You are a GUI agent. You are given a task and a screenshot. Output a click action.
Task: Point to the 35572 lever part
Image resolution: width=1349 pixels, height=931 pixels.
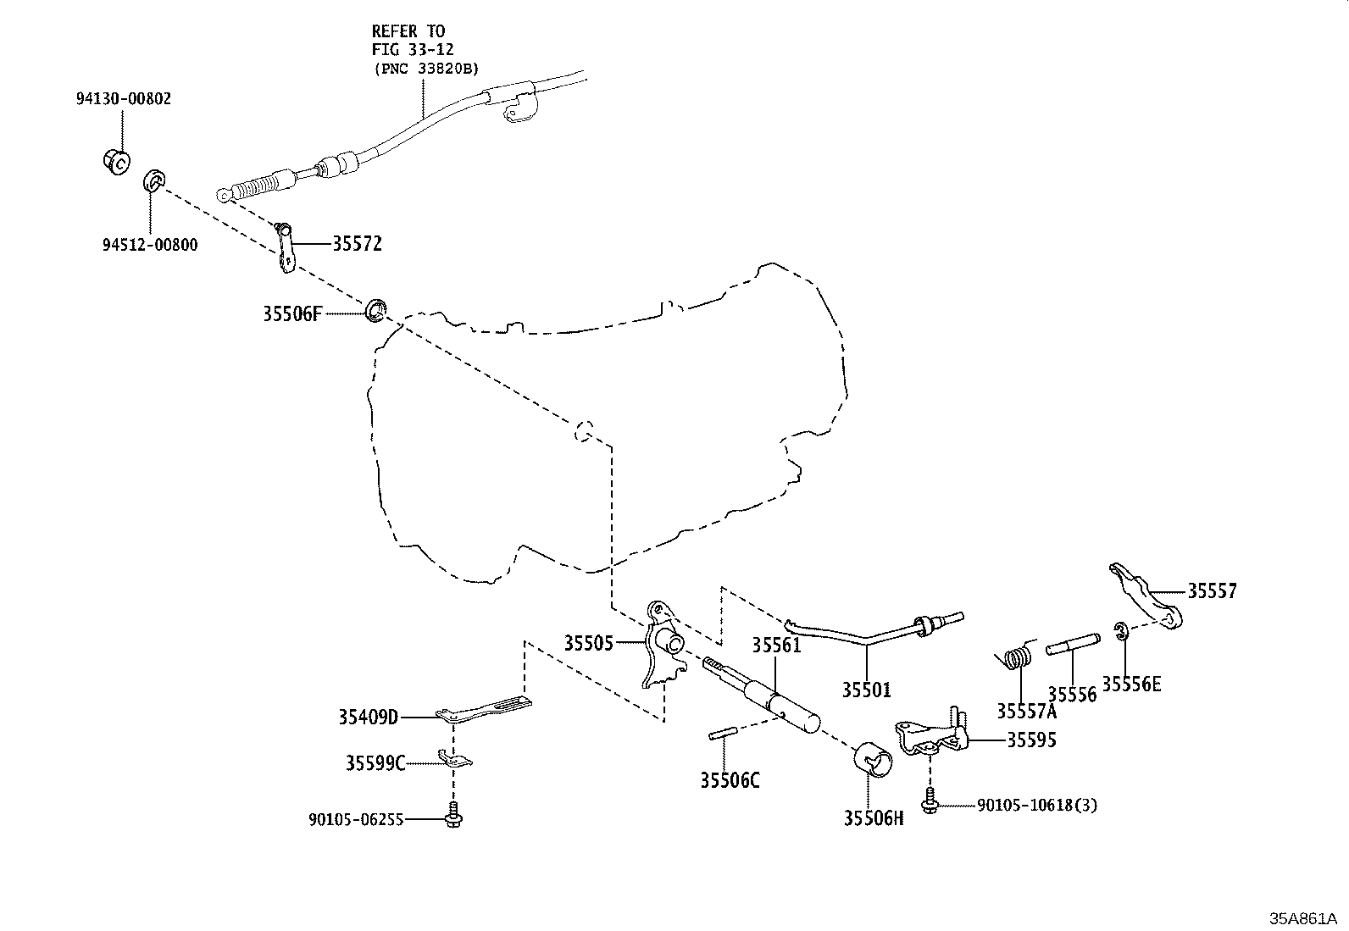point(285,251)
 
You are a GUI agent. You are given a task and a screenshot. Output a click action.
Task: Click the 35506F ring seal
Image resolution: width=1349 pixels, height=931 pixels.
point(376,310)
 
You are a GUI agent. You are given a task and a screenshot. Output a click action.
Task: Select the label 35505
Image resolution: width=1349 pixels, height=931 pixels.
point(588,643)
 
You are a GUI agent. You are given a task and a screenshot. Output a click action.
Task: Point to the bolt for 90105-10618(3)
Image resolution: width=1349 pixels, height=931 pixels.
point(931,801)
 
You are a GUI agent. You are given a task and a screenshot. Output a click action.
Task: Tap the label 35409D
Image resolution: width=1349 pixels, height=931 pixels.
point(368,718)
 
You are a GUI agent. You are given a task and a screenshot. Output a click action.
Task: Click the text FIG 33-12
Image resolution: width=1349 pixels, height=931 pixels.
point(413,50)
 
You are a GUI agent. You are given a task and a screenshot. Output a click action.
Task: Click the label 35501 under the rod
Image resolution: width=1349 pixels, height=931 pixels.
point(866,690)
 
